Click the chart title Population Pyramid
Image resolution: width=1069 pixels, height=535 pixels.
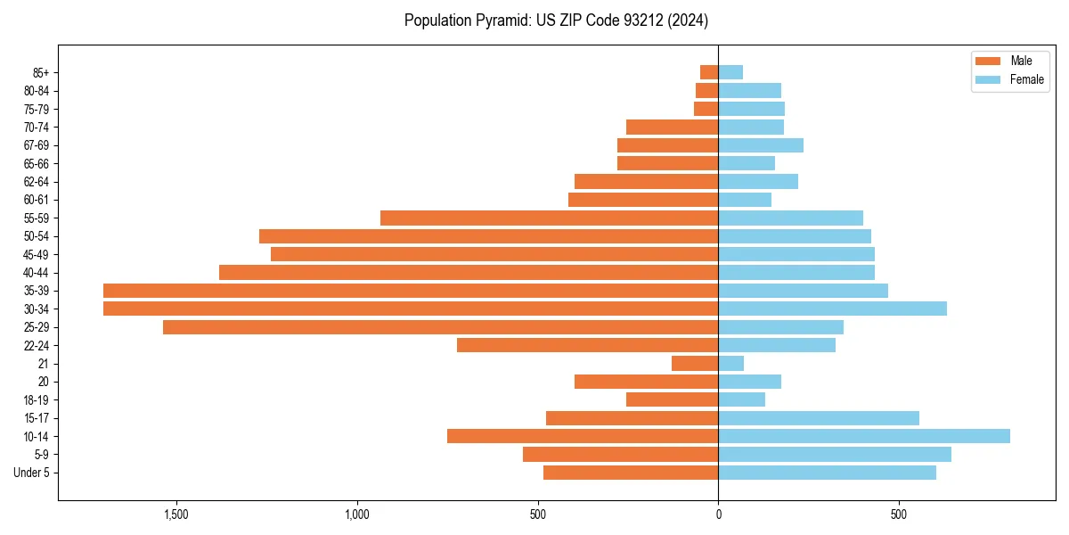pos(556,20)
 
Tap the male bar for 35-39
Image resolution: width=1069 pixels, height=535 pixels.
pos(411,291)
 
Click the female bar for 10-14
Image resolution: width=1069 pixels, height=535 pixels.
pos(864,436)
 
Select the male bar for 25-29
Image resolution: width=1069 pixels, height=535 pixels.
pos(440,327)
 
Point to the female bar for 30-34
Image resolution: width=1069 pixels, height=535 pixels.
pos(832,309)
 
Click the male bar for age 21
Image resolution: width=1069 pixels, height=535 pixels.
pos(695,364)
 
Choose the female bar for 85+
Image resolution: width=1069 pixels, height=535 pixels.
pos(730,72)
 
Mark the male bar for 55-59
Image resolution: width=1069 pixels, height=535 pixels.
pos(549,218)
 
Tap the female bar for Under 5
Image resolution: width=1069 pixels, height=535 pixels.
pos(827,473)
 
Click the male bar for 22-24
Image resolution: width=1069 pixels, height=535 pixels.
pos(587,345)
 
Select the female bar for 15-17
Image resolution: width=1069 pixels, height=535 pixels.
pos(819,418)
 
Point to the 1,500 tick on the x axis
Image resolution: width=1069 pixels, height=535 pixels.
pos(175,514)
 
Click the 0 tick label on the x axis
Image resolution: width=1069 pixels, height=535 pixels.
pos(718,514)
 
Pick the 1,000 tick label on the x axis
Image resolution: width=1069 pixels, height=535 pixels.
pos(356,514)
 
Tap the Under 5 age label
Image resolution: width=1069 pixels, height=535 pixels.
pos(31,473)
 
